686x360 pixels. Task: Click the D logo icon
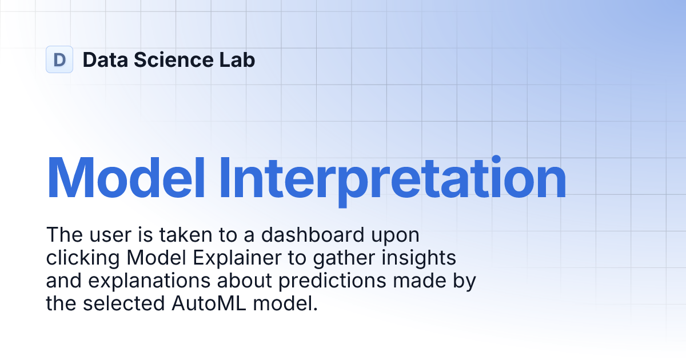(59, 59)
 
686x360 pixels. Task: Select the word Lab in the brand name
(240, 60)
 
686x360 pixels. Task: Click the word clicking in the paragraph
(83, 258)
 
